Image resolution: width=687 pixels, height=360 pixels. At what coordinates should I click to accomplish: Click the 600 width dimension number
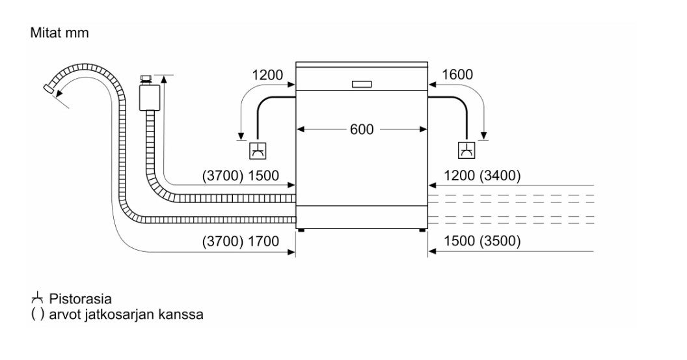click(x=362, y=130)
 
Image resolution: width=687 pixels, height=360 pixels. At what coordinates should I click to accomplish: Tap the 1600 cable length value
click(x=457, y=75)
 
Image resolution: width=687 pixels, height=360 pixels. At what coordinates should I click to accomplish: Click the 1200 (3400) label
click(x=481, y=175)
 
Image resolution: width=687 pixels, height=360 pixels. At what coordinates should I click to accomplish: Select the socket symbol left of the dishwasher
click(x=259, y=150)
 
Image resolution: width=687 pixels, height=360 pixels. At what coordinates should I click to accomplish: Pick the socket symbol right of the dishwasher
click(x=466, y=150)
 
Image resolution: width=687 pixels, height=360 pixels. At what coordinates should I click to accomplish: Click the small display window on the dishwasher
click(x=362, y=84)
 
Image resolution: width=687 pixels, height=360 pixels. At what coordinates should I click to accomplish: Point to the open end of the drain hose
click(x=49, y=89)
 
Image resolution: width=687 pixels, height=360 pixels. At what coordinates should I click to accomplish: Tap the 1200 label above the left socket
click(x=267, y=75)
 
